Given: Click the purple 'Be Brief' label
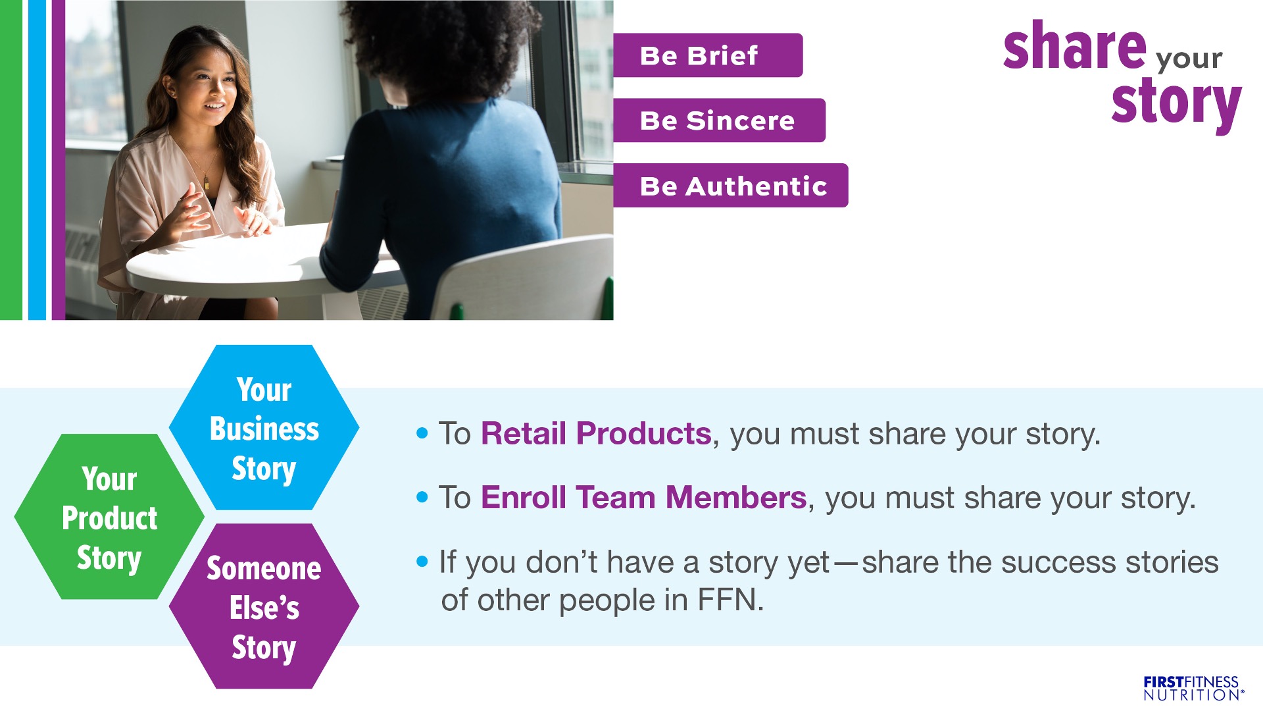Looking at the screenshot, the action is click(708, 55).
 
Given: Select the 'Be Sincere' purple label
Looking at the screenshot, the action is click(719, 120).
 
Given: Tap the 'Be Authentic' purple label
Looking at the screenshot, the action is click(731, 186).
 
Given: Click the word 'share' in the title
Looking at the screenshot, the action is click(1075, 46).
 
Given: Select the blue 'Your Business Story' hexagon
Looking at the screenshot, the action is click(264, 427).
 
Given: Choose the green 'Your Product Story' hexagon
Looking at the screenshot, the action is click(109, 517).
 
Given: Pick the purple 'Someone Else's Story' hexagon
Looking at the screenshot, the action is click(264, 606).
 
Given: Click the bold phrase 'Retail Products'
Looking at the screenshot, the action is click(596, 434).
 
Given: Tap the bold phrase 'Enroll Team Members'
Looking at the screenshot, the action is click(643, 498).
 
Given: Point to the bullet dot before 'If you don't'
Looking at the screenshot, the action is click(422, 562).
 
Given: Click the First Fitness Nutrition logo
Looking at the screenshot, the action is click(1193, 688).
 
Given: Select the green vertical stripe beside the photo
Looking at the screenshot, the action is click(11, 160).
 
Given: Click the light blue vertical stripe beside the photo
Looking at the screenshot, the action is click(37, 160).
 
